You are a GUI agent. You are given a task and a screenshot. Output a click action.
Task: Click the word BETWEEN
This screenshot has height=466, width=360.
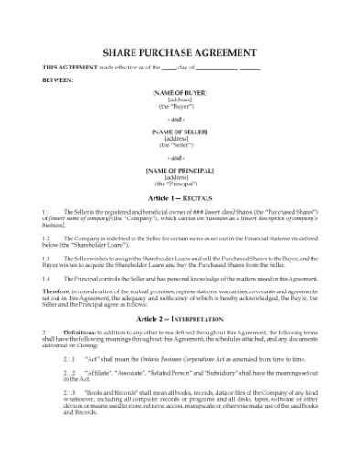[x=58, y=79]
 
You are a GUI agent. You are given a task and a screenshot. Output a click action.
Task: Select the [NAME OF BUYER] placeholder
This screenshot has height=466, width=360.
[x=179, y=92]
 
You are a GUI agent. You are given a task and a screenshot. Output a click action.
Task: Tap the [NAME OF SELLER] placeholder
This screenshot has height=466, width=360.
[x=179, y=132]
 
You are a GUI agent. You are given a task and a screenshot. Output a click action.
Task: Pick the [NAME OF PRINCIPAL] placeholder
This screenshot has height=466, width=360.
[x=179, y=170]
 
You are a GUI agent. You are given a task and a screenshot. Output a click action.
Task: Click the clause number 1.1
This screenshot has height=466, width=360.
[x=48, y=211]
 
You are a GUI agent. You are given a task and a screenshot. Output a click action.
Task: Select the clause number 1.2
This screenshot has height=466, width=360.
[x=48, y=237]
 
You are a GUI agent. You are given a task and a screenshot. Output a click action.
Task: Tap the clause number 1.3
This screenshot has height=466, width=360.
[x=48, y=259]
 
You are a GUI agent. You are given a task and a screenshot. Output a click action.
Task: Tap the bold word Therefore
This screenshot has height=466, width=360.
[x=58, y=293]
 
